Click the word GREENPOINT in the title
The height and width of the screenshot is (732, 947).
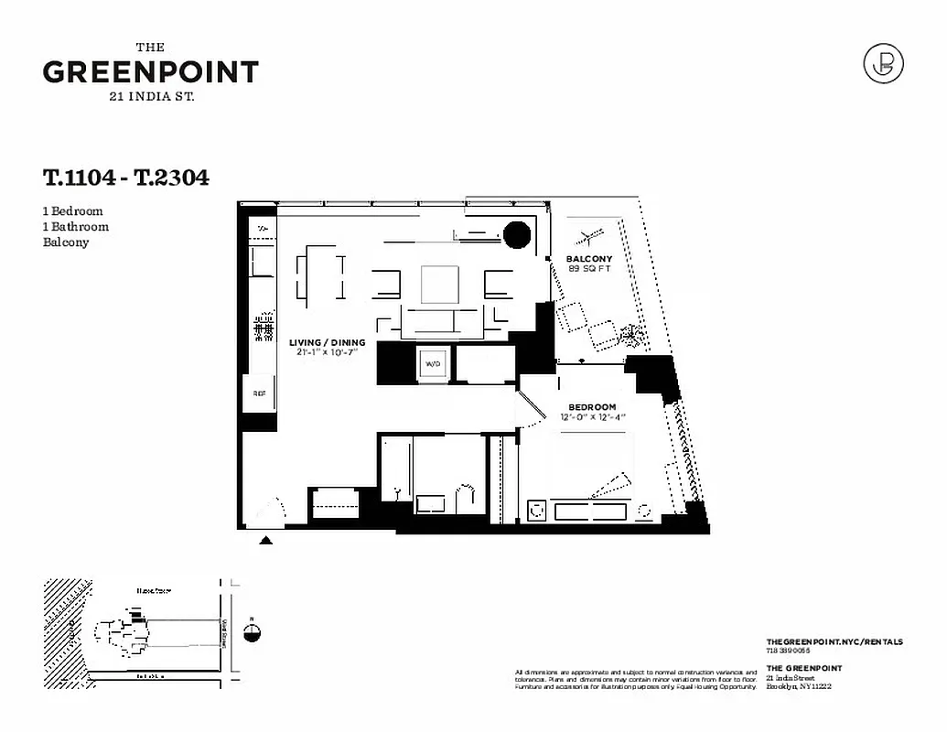click(x=151, y=72)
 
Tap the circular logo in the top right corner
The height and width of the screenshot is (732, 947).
click(x=883, y=63)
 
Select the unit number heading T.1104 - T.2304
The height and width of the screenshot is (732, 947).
click(x=126, y=178)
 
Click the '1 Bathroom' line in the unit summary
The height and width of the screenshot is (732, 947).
click(x=76, y=227)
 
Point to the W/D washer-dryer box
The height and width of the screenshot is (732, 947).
click(x=432, y=364)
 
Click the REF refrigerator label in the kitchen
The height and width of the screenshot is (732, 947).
click(x=259, y=393)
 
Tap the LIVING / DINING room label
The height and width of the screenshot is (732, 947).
click(x=328, y=343)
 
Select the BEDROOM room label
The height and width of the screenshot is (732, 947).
click(x=592, y=406)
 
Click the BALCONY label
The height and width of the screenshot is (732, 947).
click(x=588, y=259)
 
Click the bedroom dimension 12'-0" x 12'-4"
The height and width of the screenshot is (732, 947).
click(x=592, y=417)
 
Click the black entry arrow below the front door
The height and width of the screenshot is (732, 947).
click(x=266, y=541)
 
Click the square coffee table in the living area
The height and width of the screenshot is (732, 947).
click(x=440, y=284)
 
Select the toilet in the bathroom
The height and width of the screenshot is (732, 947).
click(x=466, y=498)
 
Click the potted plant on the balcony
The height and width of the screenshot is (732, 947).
click(x=630, y=335)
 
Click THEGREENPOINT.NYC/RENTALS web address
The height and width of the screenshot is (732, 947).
click(x=834, y=643)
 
